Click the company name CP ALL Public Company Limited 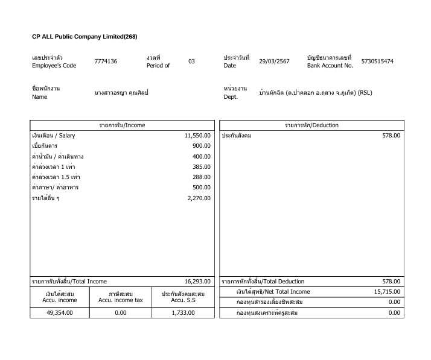click(x=85, y=37)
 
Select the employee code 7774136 click(x=106, y=62)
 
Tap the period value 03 click(x=191, y=62)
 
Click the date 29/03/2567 click(x=274, y=62)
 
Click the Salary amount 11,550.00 click(x=197, y=136)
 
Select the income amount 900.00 click(x=201, y=146)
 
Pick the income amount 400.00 click(x=201, y=156)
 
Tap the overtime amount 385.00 click(x=201, y=166)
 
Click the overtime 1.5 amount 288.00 click(x=201, y=177)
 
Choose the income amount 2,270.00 click(x=199, y=198)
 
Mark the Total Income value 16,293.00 click(x=197, y=281)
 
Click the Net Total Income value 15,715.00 click(x=387, y=291)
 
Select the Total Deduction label click(x=263, y=281)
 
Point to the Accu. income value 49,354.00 click(x=60, y=312)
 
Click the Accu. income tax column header click(x=121, y=297)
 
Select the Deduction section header click(x=311, y=125)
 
